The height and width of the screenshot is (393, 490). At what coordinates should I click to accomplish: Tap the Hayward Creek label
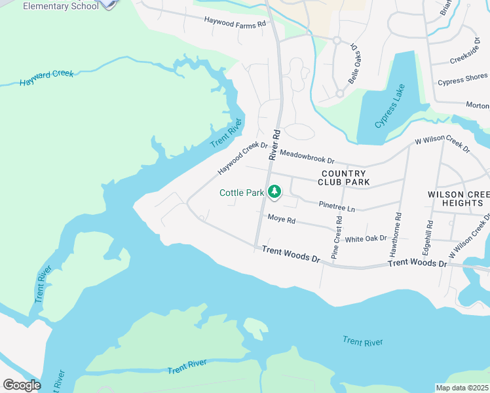47,78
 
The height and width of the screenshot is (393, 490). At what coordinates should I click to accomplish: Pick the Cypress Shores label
463,82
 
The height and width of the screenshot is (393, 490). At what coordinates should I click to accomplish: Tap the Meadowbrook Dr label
307,157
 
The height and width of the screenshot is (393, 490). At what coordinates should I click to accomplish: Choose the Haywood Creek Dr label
243,159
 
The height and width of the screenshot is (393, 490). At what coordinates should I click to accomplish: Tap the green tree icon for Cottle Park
275,192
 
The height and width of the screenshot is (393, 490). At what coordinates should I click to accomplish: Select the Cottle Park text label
241,193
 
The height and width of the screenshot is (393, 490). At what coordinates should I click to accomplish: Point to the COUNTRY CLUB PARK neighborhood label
345,178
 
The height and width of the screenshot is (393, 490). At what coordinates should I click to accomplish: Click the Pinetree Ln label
336,206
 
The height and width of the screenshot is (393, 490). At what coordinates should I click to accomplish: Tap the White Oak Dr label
366,239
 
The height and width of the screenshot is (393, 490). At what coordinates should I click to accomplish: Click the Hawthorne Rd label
398,233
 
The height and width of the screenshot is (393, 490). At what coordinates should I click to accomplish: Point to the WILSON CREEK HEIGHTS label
458,199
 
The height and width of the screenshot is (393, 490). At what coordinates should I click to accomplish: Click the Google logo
22,385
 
